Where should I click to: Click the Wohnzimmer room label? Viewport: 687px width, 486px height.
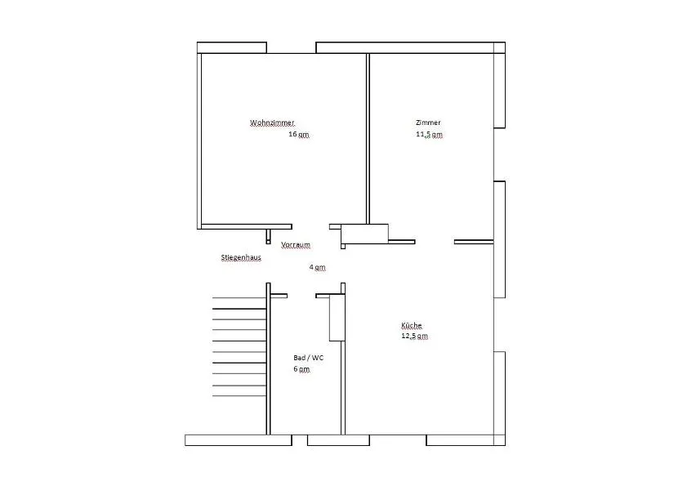coord(272,123)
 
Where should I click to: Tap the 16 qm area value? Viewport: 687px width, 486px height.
coord(299,134)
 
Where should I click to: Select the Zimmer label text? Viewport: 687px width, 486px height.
coord(428,123)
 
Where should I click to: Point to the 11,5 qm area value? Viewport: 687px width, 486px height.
coord(429,134)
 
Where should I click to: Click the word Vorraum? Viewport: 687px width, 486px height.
coord(296,244)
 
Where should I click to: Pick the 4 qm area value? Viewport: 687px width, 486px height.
coord(317,267)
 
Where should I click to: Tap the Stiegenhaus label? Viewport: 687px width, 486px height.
coord(241,257)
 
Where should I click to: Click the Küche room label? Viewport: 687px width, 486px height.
coord(412,325)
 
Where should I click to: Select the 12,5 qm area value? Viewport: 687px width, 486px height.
coord(414,337)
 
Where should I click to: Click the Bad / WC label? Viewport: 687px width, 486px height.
coord(309,358)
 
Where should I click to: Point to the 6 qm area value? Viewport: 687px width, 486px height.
coord(301,369)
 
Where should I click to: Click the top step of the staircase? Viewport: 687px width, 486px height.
coord(239,298)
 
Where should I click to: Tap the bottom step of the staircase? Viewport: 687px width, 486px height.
coord(239,396)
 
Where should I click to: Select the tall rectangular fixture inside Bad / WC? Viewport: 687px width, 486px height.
coord(336,318)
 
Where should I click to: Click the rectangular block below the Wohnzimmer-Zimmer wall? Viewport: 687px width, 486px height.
coord(364,234)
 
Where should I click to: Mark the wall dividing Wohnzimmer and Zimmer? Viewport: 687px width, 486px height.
coord(368,139)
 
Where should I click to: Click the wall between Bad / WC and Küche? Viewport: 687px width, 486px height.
coord(343,359)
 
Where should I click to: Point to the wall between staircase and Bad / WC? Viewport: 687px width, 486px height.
coord(269,359)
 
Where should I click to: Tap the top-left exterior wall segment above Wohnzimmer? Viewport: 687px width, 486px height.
coord(232,47)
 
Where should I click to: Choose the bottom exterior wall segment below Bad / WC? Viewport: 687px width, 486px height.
coord(338,440)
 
